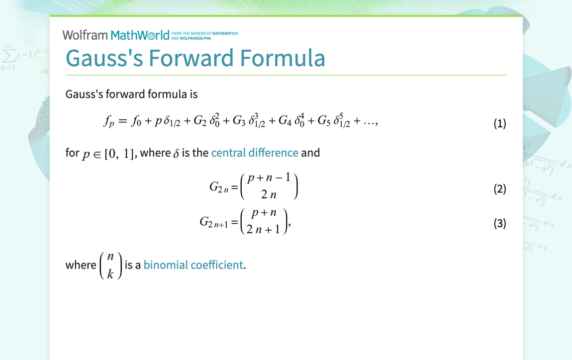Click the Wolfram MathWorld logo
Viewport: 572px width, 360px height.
click(x=115, y=35)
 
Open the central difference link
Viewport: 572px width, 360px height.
click(x=255, y=153)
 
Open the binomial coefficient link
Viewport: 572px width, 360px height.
click(x=193, y=265)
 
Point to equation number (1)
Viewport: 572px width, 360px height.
click(x=499, y=123)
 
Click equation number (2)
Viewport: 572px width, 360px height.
click(x=499, y=189)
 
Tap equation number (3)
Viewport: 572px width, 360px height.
click(x=499, y=223)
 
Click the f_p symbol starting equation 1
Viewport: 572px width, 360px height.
click(x=109, y=122)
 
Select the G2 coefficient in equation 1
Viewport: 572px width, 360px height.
click(x=201, y=122)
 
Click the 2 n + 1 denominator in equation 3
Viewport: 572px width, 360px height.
click(x=263, y=230)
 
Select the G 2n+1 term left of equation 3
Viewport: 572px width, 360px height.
click(x=214, y=222)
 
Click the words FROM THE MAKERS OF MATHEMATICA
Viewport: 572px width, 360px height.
click(x=204, y=33)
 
